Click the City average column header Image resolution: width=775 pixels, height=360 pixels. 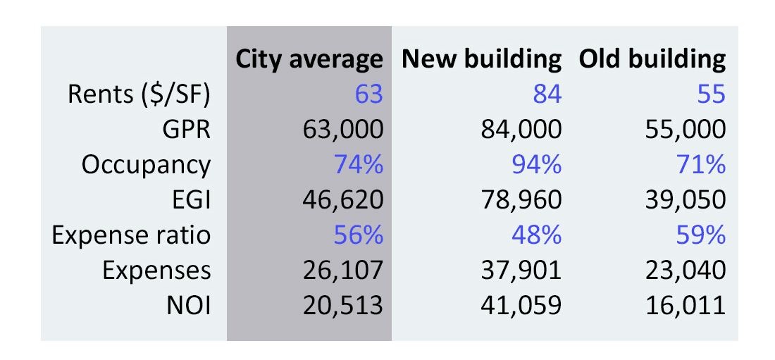(309, 59)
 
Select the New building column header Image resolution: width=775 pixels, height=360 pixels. (481, 59)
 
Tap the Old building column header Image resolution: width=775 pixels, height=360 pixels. (652, 59)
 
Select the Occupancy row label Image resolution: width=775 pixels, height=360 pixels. (146, 165)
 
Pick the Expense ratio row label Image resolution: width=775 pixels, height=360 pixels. (131, 235)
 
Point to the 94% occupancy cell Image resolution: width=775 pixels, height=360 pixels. (537, 165)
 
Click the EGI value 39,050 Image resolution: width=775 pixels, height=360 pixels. (683, 200)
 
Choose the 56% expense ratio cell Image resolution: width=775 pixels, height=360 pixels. (359, 235)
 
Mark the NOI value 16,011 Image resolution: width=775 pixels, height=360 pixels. (683, 305)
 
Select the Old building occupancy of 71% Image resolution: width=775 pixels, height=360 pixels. (701, 165)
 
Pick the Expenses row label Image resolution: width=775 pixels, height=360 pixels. (156, 270)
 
